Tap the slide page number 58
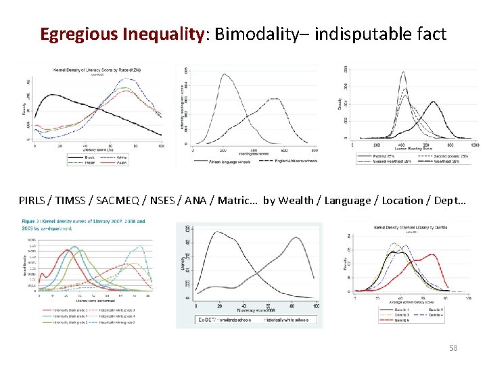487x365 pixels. [453, 348]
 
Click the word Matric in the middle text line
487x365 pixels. [236, 200]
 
